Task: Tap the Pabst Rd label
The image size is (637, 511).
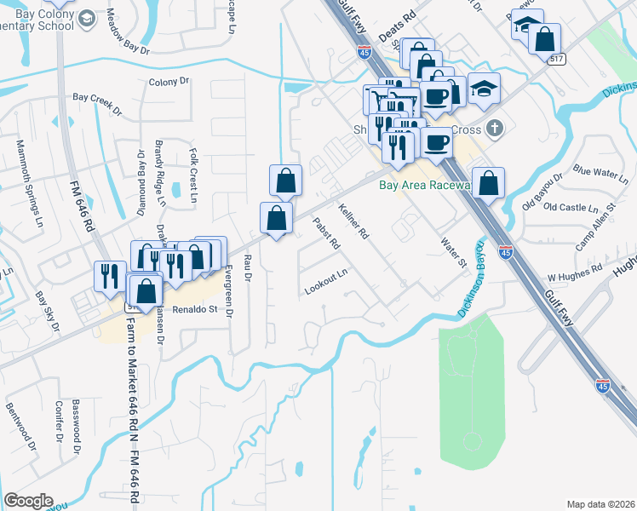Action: pos(327,233)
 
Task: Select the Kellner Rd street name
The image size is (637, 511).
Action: pos(353,220)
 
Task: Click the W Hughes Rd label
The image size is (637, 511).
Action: pos(574,278)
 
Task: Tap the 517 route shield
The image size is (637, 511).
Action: pos(558,59)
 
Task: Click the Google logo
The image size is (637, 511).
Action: pos(27,501)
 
